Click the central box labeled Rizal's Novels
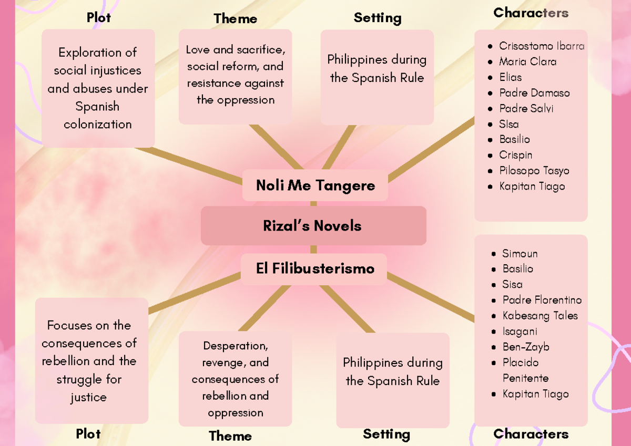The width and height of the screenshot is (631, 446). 313,226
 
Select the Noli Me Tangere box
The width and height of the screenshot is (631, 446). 315,185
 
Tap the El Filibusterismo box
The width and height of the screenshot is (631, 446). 315,268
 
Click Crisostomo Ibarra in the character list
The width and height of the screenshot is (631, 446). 541,46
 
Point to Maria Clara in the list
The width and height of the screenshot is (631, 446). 527,61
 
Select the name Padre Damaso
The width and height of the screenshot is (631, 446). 534,93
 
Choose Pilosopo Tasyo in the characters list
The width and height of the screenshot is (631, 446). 534,171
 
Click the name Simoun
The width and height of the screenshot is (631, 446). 520,253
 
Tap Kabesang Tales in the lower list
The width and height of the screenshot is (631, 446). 540,316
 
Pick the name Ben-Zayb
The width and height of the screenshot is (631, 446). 525,347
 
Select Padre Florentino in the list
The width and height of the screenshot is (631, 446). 542,300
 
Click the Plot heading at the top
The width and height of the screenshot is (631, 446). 98,18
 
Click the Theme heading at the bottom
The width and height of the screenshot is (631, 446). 230,435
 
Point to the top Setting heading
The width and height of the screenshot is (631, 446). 377,18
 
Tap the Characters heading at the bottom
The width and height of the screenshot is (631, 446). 531,434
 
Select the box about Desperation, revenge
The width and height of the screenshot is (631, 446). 235,379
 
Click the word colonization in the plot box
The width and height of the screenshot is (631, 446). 98,125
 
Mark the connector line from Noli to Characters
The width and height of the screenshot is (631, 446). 431,149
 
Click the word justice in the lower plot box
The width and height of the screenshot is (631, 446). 88,397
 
